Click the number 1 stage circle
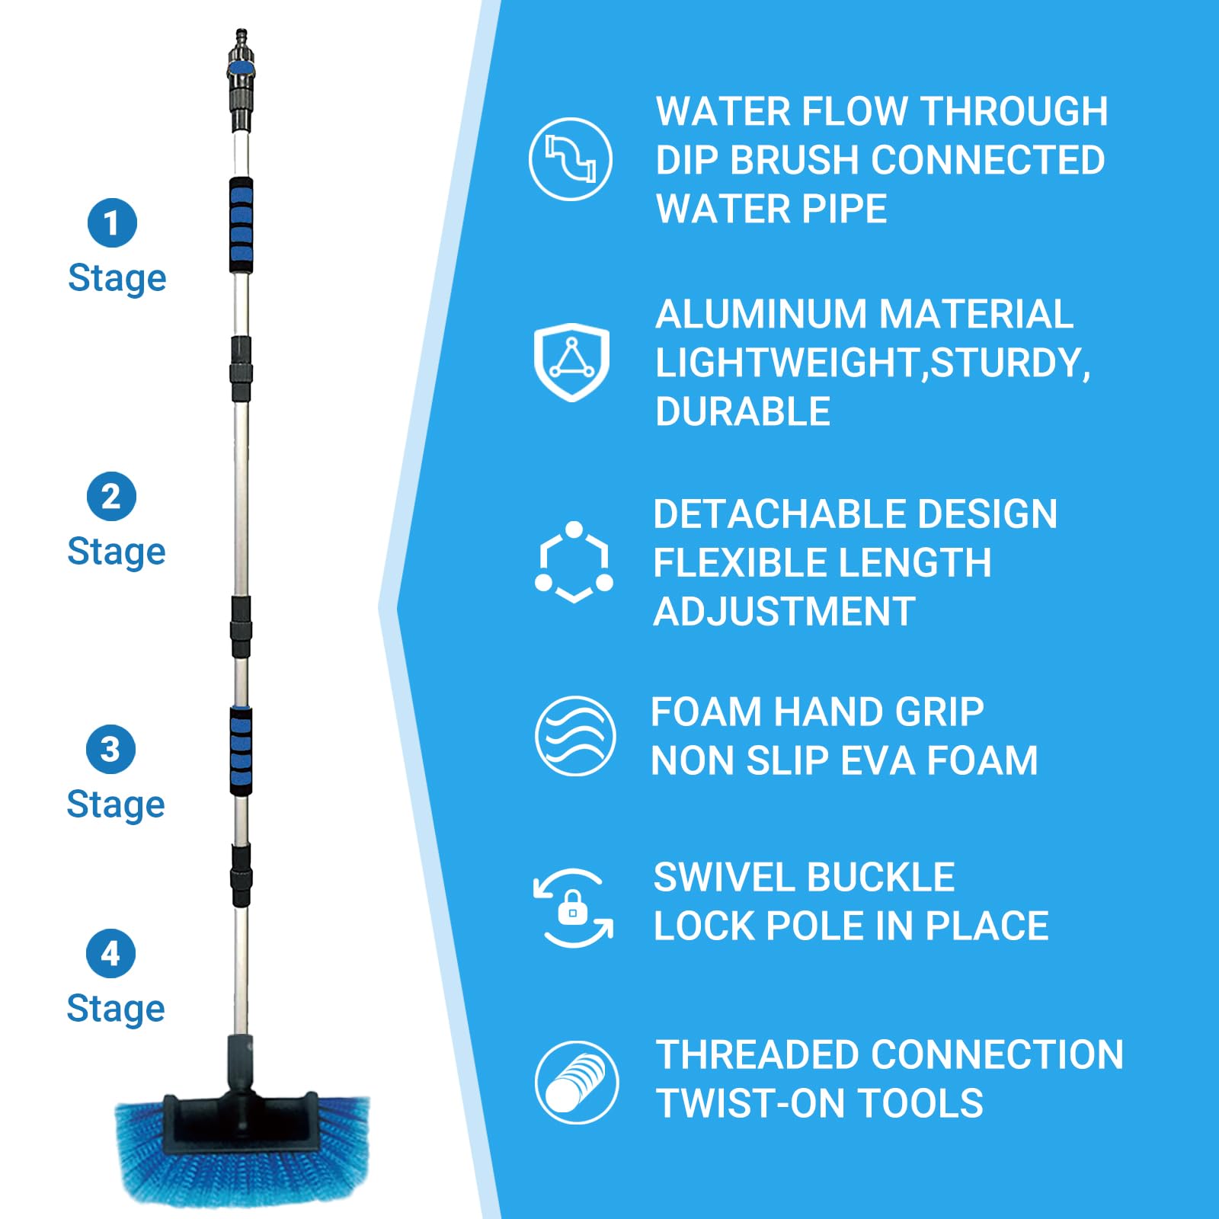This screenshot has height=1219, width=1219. point(112,223)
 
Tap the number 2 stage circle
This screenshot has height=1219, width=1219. point(111,497)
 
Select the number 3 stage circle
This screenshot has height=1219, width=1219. point(110,750)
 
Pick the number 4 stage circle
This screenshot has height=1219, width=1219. point(110,953)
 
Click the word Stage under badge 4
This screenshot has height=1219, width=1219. point(116,1009)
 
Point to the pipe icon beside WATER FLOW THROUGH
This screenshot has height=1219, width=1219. point(571,159)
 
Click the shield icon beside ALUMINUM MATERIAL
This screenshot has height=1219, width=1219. point(571,361)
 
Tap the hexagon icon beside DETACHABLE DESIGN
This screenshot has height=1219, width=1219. point(574,562)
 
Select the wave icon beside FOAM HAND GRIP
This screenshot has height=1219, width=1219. point(575,736)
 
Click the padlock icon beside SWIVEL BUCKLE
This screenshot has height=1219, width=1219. point(573,908)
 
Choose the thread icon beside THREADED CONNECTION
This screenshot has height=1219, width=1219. point(577,1082)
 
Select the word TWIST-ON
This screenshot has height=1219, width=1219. point(739,1103)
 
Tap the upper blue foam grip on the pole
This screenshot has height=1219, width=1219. point(242,225)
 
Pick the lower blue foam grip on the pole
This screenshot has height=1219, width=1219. point(242,751)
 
